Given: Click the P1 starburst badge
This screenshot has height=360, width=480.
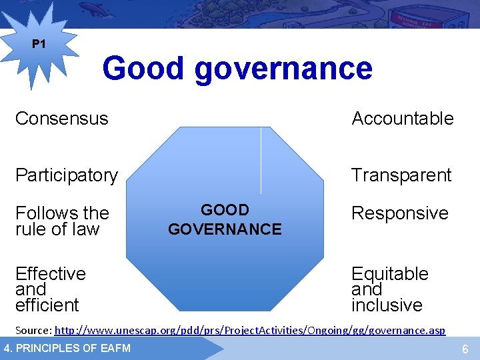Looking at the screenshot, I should (39, 46).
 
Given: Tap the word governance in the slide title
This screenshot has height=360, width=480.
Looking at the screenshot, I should (283, 69).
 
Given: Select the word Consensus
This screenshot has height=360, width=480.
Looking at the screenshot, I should (61, 119).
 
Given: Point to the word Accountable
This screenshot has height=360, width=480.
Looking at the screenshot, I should (403, 119).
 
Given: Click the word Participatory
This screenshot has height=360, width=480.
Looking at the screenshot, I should (66, 175).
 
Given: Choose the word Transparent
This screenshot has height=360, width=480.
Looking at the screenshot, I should (401, 175).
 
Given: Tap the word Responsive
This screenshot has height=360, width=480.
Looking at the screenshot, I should (400, 213).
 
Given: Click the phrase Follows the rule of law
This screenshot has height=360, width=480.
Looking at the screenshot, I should (61, 221).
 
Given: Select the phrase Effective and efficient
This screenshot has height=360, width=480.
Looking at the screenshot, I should (50, 289).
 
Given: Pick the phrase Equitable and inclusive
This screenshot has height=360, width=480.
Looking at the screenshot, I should (390, 289).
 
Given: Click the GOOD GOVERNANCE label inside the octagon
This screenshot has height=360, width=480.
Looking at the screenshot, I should (225, 220).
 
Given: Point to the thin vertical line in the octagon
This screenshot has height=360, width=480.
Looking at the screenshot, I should (261, 160).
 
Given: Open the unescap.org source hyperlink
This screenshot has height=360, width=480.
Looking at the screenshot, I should (249, 330).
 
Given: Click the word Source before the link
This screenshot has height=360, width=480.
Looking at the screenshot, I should (32, 330).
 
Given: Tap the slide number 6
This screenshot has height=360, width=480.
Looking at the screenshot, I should (465, 349).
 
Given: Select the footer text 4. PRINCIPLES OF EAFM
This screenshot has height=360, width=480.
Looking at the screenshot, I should (67, 348).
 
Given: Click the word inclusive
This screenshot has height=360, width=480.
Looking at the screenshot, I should (387, 305).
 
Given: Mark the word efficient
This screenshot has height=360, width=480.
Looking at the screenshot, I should (47, 305).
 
